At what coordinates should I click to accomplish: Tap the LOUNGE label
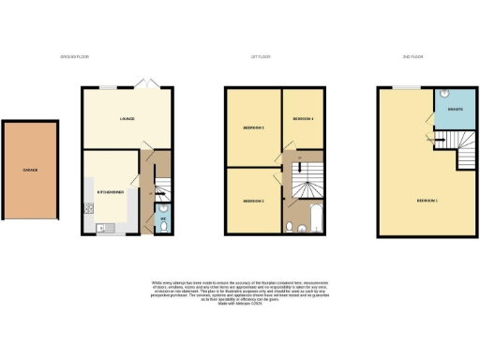127,119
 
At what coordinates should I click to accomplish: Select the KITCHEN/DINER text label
111,191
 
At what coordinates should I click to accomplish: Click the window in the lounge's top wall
110,87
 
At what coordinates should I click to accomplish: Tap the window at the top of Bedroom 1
407,87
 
